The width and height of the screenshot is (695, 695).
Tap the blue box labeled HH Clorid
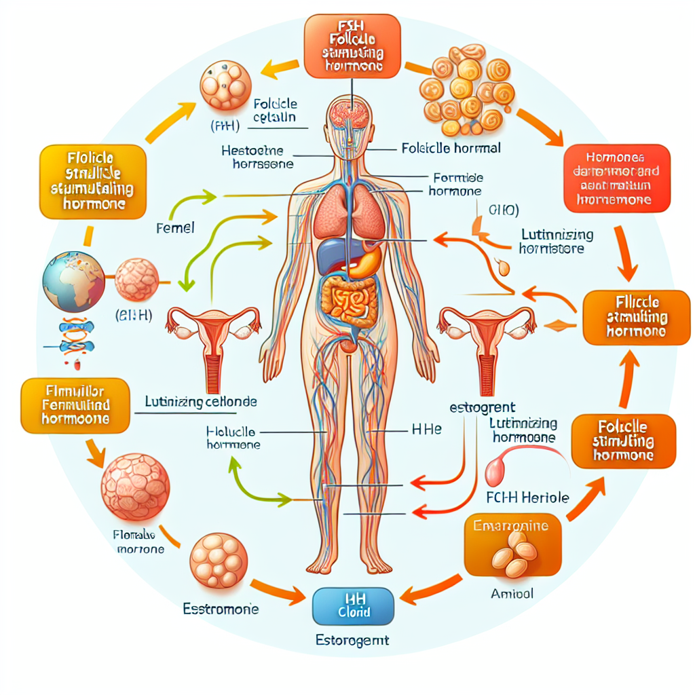point(352,605)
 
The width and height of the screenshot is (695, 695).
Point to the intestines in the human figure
point(347,301)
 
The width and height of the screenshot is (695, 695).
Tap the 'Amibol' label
point(512,593)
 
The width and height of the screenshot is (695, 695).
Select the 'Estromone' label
point(221,609)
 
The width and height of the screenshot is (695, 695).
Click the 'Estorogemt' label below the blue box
point(352,639)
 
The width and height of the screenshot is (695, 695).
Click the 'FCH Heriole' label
point(528,497)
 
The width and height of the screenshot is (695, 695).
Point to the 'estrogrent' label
point(482,408)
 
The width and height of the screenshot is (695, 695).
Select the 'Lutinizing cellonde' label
point(201,402)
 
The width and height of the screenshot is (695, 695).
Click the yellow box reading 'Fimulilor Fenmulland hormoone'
point(75,406)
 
